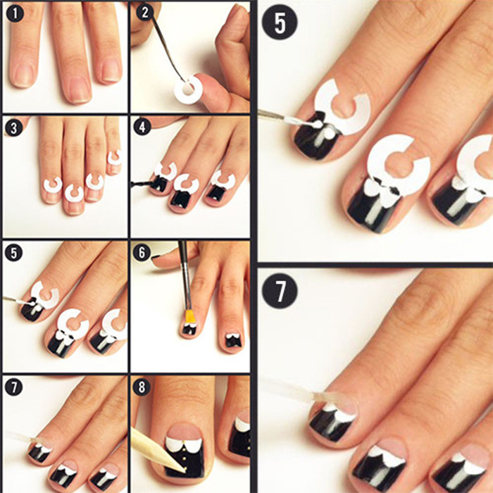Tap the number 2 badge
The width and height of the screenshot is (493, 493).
145,13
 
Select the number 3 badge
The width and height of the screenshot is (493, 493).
13,128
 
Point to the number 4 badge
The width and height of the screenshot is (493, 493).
142,127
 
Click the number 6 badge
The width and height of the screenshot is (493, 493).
142,252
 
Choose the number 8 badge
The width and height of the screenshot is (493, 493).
142,387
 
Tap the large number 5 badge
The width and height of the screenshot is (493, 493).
280,22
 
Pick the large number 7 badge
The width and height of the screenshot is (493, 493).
280,291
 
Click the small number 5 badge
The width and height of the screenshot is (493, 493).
13,252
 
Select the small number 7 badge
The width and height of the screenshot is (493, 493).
13,387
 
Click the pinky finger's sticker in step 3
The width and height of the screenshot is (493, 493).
114,157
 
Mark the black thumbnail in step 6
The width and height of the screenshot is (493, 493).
156,258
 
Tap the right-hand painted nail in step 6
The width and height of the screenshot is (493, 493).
233,340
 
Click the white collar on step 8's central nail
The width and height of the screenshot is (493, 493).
183,443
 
